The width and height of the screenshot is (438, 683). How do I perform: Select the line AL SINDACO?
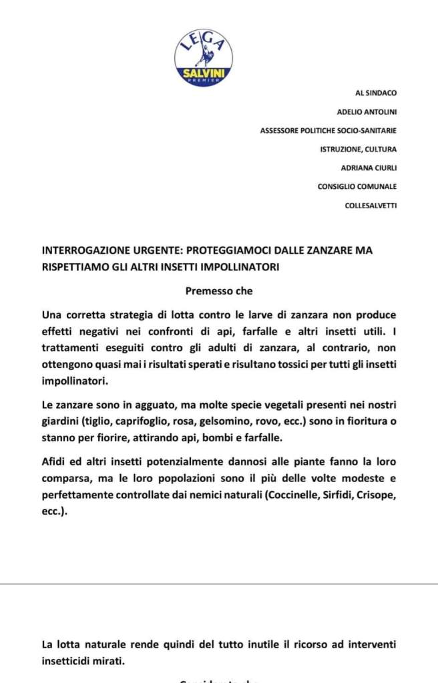pyautogui.click(x=376, y=93)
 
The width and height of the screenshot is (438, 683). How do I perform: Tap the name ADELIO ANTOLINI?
pyautogui.click(x=367, y=112)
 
